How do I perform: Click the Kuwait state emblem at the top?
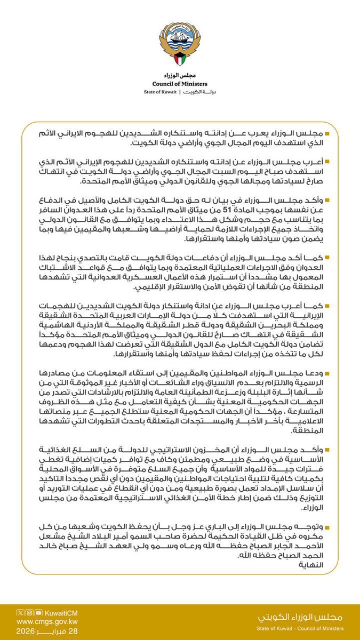[180, 44]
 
